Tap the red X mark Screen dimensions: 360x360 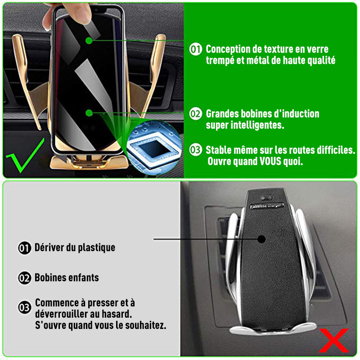pos(334,341)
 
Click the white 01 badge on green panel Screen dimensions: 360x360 pos(196,49)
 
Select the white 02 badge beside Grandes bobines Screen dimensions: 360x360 pos(196,114)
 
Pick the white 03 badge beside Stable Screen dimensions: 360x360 pos(196,150)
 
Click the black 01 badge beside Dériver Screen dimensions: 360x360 pos(25,248)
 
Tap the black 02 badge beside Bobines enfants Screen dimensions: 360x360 pos(25,278)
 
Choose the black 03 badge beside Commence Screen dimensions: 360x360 pos(25,307)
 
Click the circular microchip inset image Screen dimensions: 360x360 pos(154,148)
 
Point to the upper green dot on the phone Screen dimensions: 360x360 pos(89,40)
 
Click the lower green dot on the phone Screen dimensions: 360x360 pos(89,113)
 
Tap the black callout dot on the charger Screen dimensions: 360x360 pos(261,239)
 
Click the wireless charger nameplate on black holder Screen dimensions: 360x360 pos(266,206)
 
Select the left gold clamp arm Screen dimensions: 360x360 pos(27,81)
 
